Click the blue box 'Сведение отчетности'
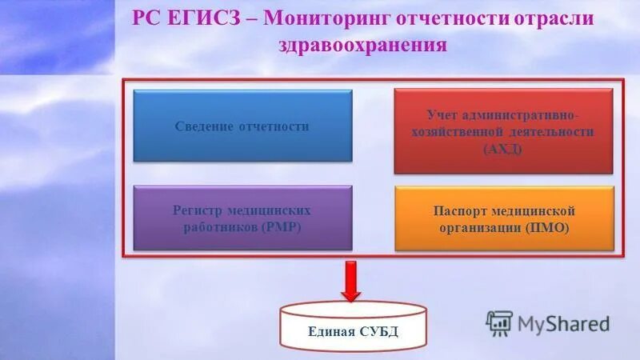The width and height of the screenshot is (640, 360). (242, 126)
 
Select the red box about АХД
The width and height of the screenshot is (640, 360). (503, 131)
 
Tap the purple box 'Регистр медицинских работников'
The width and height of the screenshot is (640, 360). (242, 218)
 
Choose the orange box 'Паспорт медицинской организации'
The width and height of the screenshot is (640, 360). (504, 218)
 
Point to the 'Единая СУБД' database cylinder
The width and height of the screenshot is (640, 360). (353, 329)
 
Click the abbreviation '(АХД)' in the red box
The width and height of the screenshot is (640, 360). (503, 148)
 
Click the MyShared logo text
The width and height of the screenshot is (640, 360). (563, 324)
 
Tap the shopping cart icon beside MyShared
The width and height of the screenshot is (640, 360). (498, 322)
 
